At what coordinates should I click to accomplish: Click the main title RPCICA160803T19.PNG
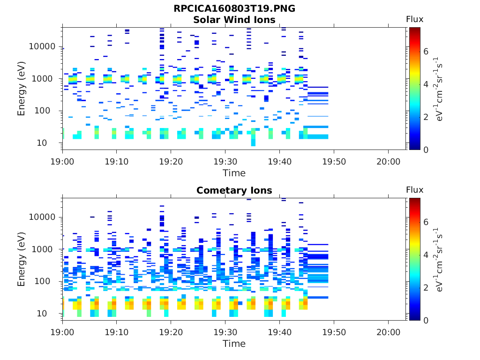point(234,8)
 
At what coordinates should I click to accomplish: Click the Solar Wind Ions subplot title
point(234,20)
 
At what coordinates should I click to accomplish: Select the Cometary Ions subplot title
point(234,190)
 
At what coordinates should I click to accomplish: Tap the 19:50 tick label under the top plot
point(334,161)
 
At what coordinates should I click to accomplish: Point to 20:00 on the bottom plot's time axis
point(388,332)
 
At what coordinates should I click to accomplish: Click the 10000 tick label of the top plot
point(43,46)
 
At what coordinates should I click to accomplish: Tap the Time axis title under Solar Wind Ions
point(234,173)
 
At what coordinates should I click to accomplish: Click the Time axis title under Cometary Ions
point(234,344)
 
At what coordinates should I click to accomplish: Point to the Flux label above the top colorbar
point(414,19)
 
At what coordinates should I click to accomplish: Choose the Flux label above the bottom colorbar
point(414,190)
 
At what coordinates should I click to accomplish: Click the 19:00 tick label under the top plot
point(63,161)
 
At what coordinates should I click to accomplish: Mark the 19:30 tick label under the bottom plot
point(225,332)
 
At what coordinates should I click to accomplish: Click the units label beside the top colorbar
point(439,89)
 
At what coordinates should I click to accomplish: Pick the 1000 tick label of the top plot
point(45,79)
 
